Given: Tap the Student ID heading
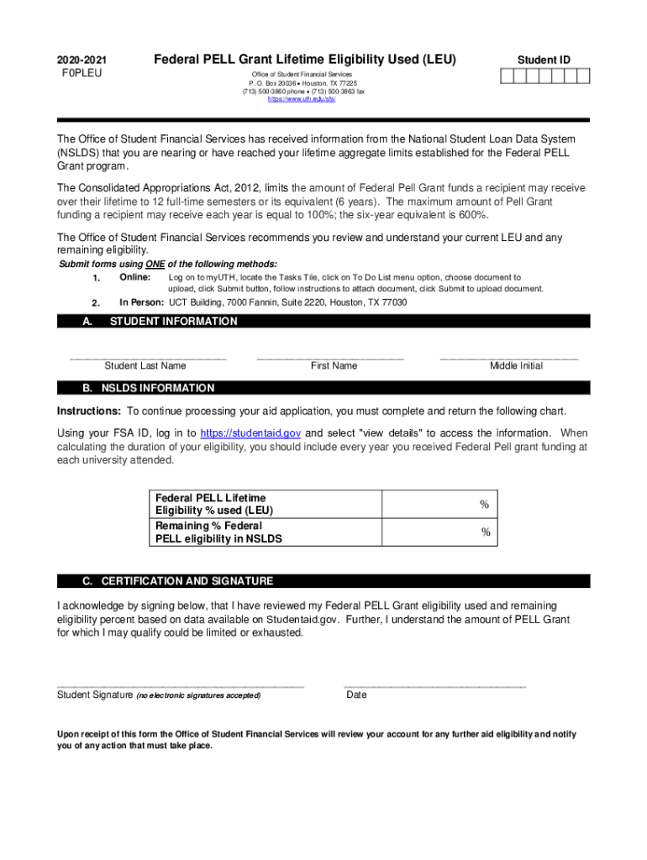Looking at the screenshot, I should pyautogui.click(x=544, y=60).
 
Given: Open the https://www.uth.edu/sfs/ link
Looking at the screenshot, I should pyautogui.click(x=302, y=99).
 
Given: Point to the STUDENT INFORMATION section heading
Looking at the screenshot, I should pyautogui.click(x=174, y=322).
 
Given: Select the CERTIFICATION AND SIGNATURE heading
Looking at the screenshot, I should pyautogui.click(x=187, y=581).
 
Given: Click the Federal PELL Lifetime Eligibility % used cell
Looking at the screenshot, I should pyautogui.click(x=439, y=505).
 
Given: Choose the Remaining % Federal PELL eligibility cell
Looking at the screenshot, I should pyautogui.click(x=439, y=532).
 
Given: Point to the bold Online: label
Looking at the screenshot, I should pyautogui.click(x=135, y=277).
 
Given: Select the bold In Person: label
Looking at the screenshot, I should pyautogui.click(x=143, y=302).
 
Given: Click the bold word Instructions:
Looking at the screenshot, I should pyautogui.click(x=89, y=412).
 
